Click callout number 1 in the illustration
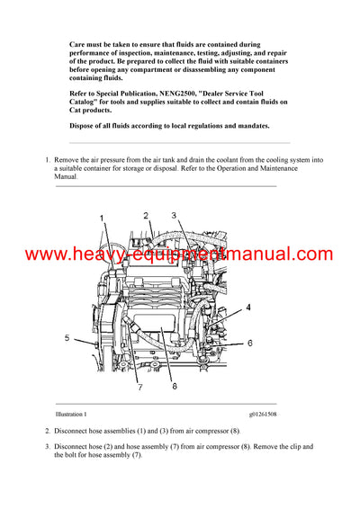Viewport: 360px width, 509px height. click(x=102, y=219)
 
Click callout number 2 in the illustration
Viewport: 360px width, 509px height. click(x=145, y=216)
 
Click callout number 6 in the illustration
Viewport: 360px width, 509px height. click(x=249, y=343)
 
